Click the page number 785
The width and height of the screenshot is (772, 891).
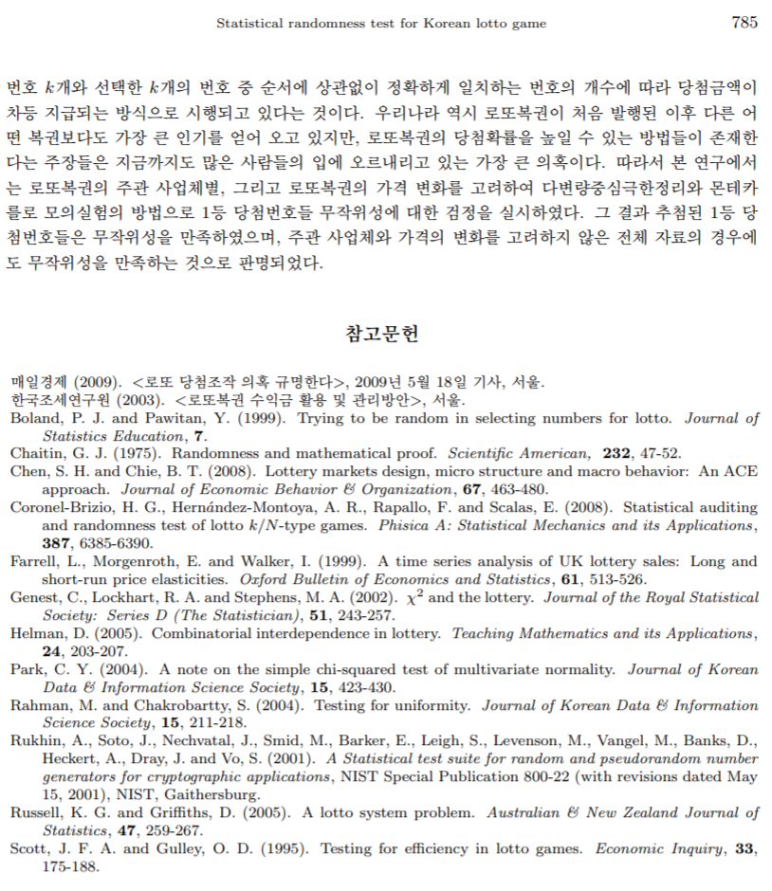pos(744,23)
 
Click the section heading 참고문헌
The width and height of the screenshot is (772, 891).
pos(384,333)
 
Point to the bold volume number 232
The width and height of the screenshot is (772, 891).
pos(617,453)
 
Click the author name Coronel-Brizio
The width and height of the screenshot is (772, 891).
pos(58,507)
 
